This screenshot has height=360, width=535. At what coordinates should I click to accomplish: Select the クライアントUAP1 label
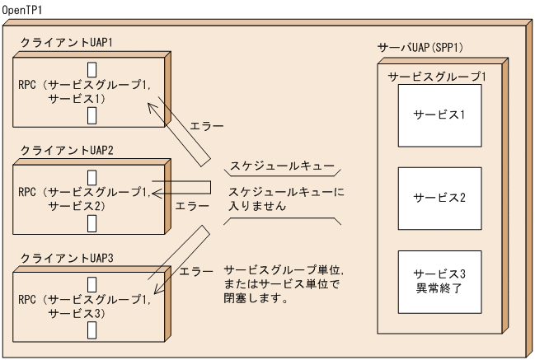tap(60, 41)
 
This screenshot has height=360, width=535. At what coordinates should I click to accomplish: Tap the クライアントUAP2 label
tap(60, 152)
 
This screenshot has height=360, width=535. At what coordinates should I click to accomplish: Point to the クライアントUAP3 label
tap(60, 259)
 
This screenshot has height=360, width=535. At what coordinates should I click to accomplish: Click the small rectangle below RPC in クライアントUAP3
tap(92, 328)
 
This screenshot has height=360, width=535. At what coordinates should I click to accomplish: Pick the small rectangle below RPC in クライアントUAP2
tap(92, 222)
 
